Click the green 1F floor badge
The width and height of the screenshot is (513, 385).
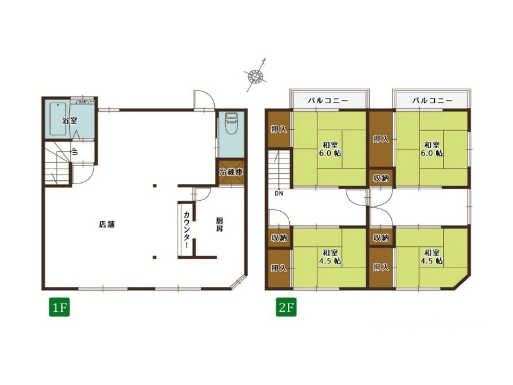coord(60,307)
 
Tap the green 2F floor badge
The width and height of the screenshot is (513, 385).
coord(287,307)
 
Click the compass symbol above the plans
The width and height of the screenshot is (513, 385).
coord(256,76)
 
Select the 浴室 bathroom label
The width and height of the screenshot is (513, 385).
coord(70,121)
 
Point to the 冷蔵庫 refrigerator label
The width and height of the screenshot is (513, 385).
coord(231,172)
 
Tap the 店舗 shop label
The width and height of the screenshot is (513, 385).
coord(106,225)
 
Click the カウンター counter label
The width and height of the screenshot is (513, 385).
coord(187,230)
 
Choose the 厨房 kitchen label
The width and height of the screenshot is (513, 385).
coord(219,224)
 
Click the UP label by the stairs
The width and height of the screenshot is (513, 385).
coord(75,151)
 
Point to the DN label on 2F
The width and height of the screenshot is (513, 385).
coord(279,194)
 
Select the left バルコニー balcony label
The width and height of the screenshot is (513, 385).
coord(328,101)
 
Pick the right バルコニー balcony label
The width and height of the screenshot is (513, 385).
coord(432,101)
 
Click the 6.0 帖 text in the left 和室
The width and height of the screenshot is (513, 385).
coord(330,153)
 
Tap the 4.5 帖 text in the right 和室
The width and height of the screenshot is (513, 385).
coord(432,261)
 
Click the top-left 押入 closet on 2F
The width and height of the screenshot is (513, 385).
coord(279,130)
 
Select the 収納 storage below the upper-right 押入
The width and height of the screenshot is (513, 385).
coord(381,178)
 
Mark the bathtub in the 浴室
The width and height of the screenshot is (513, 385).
coord(58,119)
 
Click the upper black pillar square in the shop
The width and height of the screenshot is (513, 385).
coord(155,186)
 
